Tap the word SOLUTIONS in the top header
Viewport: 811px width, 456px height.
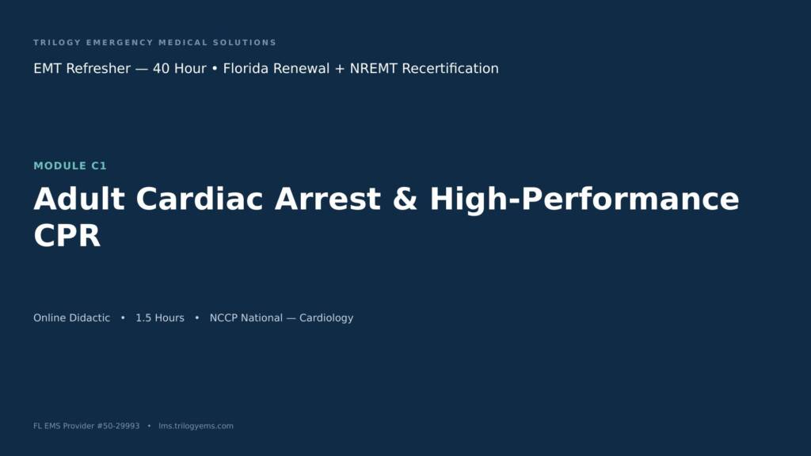click(245, 43)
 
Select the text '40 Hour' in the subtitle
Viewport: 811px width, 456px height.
click(180, 68)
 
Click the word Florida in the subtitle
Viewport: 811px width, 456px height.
click(249, 68)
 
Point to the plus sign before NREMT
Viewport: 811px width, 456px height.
click(339, 69)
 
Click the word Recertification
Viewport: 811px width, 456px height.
click(450, 68)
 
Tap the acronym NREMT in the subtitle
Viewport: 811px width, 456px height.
click(374, 68)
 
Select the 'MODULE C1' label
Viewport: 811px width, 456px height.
click(70, 166)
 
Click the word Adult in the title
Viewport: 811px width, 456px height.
click(79, 199)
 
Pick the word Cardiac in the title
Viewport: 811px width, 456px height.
click(200, 199)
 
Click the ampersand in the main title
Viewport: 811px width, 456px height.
click(405, 199)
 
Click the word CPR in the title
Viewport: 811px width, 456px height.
click(67, 236)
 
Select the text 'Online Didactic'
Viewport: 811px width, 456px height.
click(72, 318)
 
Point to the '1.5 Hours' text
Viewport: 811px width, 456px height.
click(160, 318)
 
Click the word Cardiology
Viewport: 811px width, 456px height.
click(326, 318)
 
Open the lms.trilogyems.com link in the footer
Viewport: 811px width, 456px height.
click(196, 426)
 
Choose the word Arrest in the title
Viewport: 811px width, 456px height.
click(328, 199)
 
